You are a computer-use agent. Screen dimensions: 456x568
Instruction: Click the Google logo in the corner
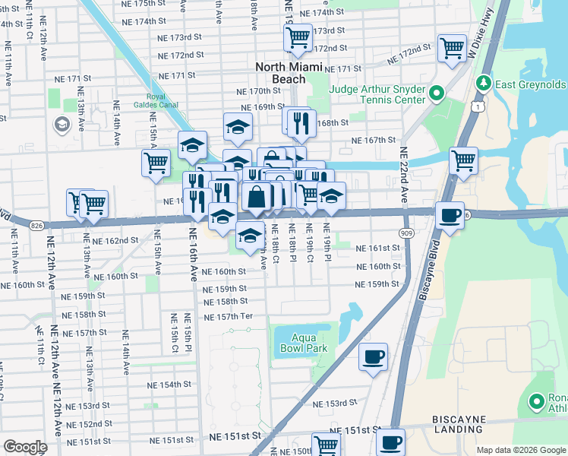click(x=25, y=447)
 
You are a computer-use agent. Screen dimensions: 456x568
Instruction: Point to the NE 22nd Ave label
click(x=403, y=173)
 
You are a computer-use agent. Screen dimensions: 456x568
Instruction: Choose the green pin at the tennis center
click(x=436, y=94)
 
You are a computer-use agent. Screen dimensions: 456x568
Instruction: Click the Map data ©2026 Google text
click(x=519, y=450)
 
